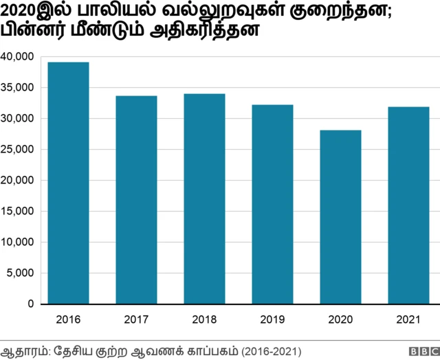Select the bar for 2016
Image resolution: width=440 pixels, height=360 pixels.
pos(68,183)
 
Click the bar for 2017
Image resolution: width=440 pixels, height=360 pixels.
pos(136,199)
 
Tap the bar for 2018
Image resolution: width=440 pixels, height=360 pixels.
pos(204,199)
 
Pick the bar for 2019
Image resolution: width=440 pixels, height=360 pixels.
pos(272,204)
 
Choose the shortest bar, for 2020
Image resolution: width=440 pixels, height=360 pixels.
pos(340,216)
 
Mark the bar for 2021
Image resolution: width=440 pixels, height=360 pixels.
pos(408,205)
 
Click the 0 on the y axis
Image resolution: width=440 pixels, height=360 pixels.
pos(30,304)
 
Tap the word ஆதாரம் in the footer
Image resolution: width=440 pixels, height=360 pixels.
pos(23,350)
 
